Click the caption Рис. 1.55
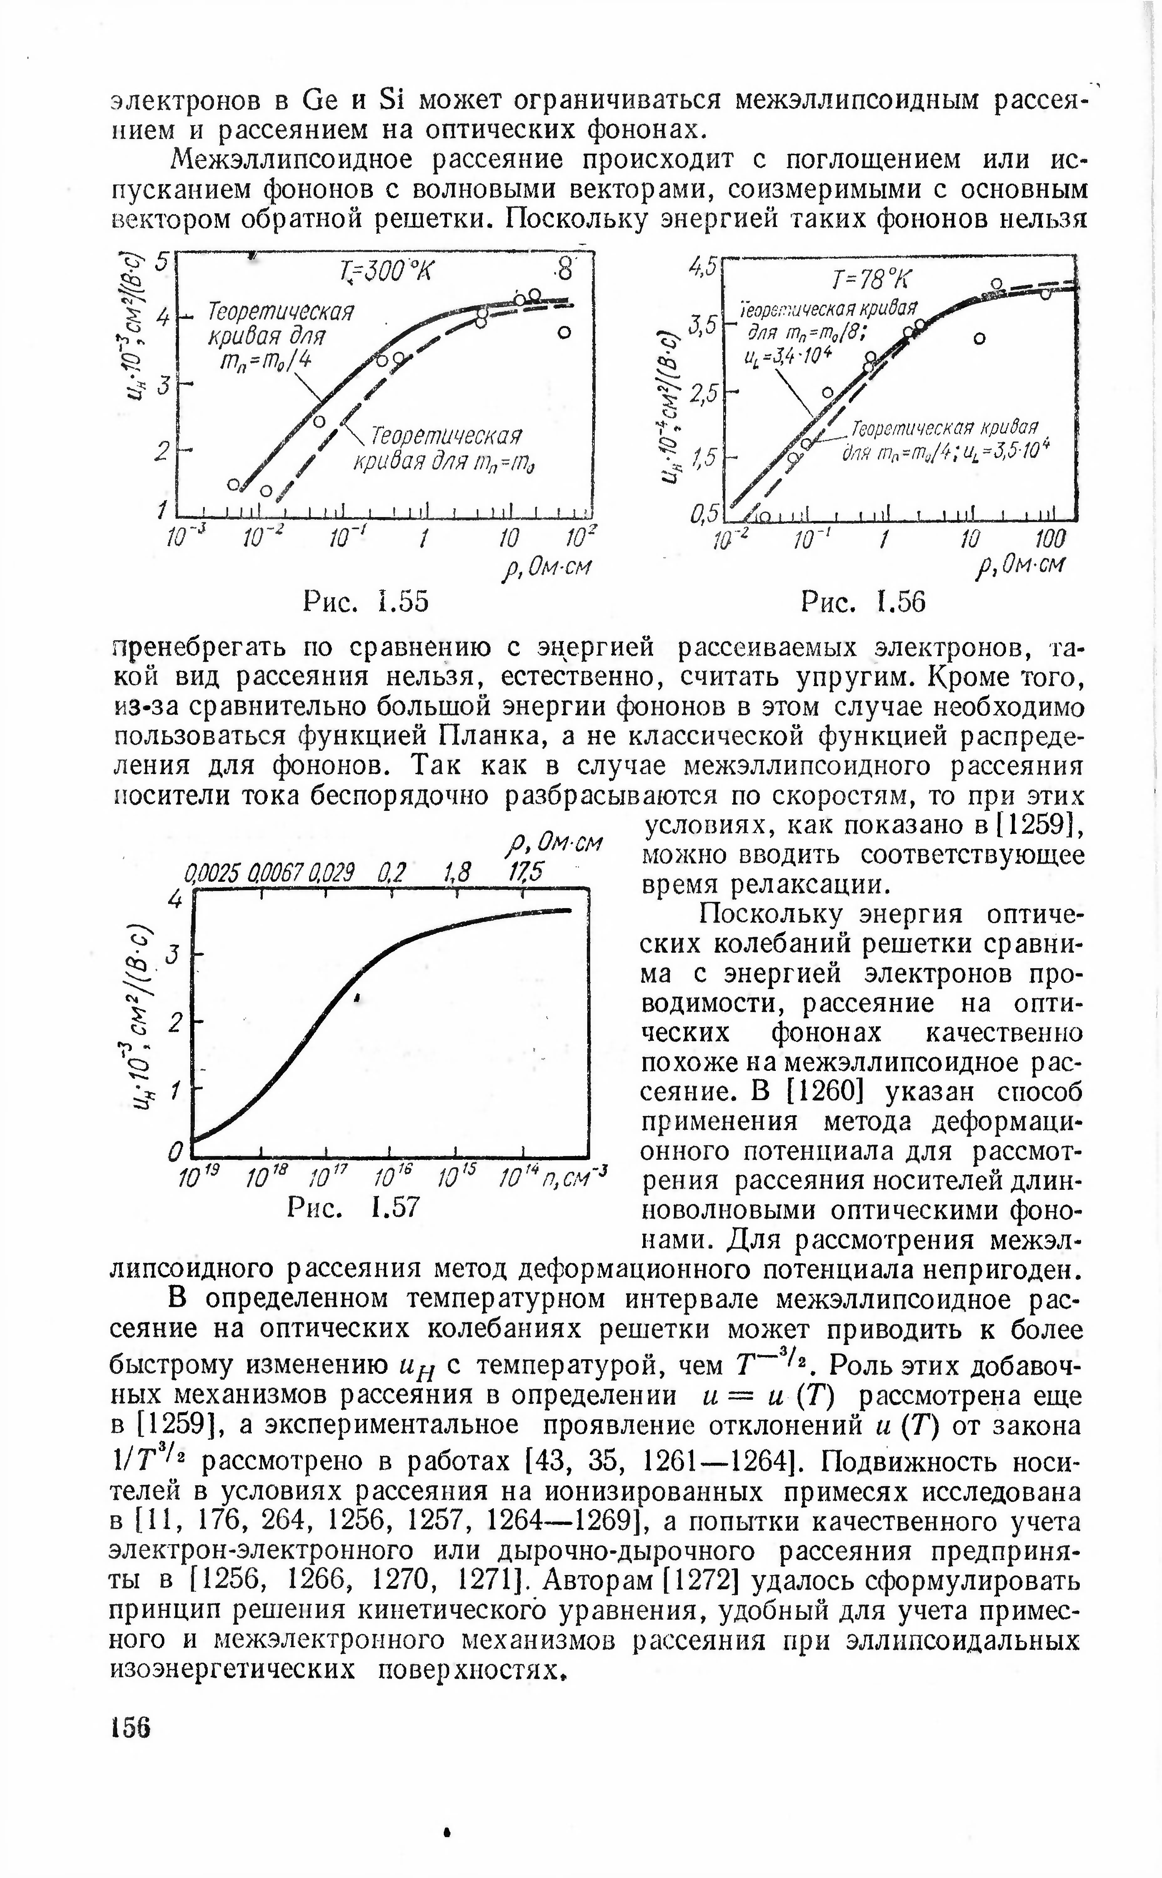365,601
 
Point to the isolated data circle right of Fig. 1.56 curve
979,338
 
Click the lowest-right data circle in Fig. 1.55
564,332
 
